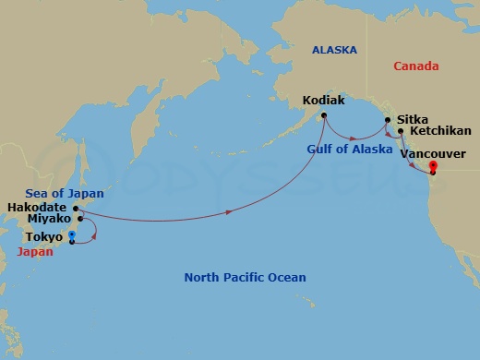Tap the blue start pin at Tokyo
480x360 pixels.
click(x=72, y=237)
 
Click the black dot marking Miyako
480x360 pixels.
click(x=80, y=219)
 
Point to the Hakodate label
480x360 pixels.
click(x=36, y=207)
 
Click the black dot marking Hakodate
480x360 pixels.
click(x=76, y=208)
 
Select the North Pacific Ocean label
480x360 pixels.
click(x=245, y=277)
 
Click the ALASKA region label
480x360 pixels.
click(x=334, y=50)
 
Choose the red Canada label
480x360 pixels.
click(x=415, y=66)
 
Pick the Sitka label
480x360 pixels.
click(x=411, y=119)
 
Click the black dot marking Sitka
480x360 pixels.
click(x=388, y=119)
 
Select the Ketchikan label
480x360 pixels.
click(x=438, y=132)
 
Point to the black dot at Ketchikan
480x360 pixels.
click(x=401, y=131)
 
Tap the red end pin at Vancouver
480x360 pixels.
click(x=432, y=168)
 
